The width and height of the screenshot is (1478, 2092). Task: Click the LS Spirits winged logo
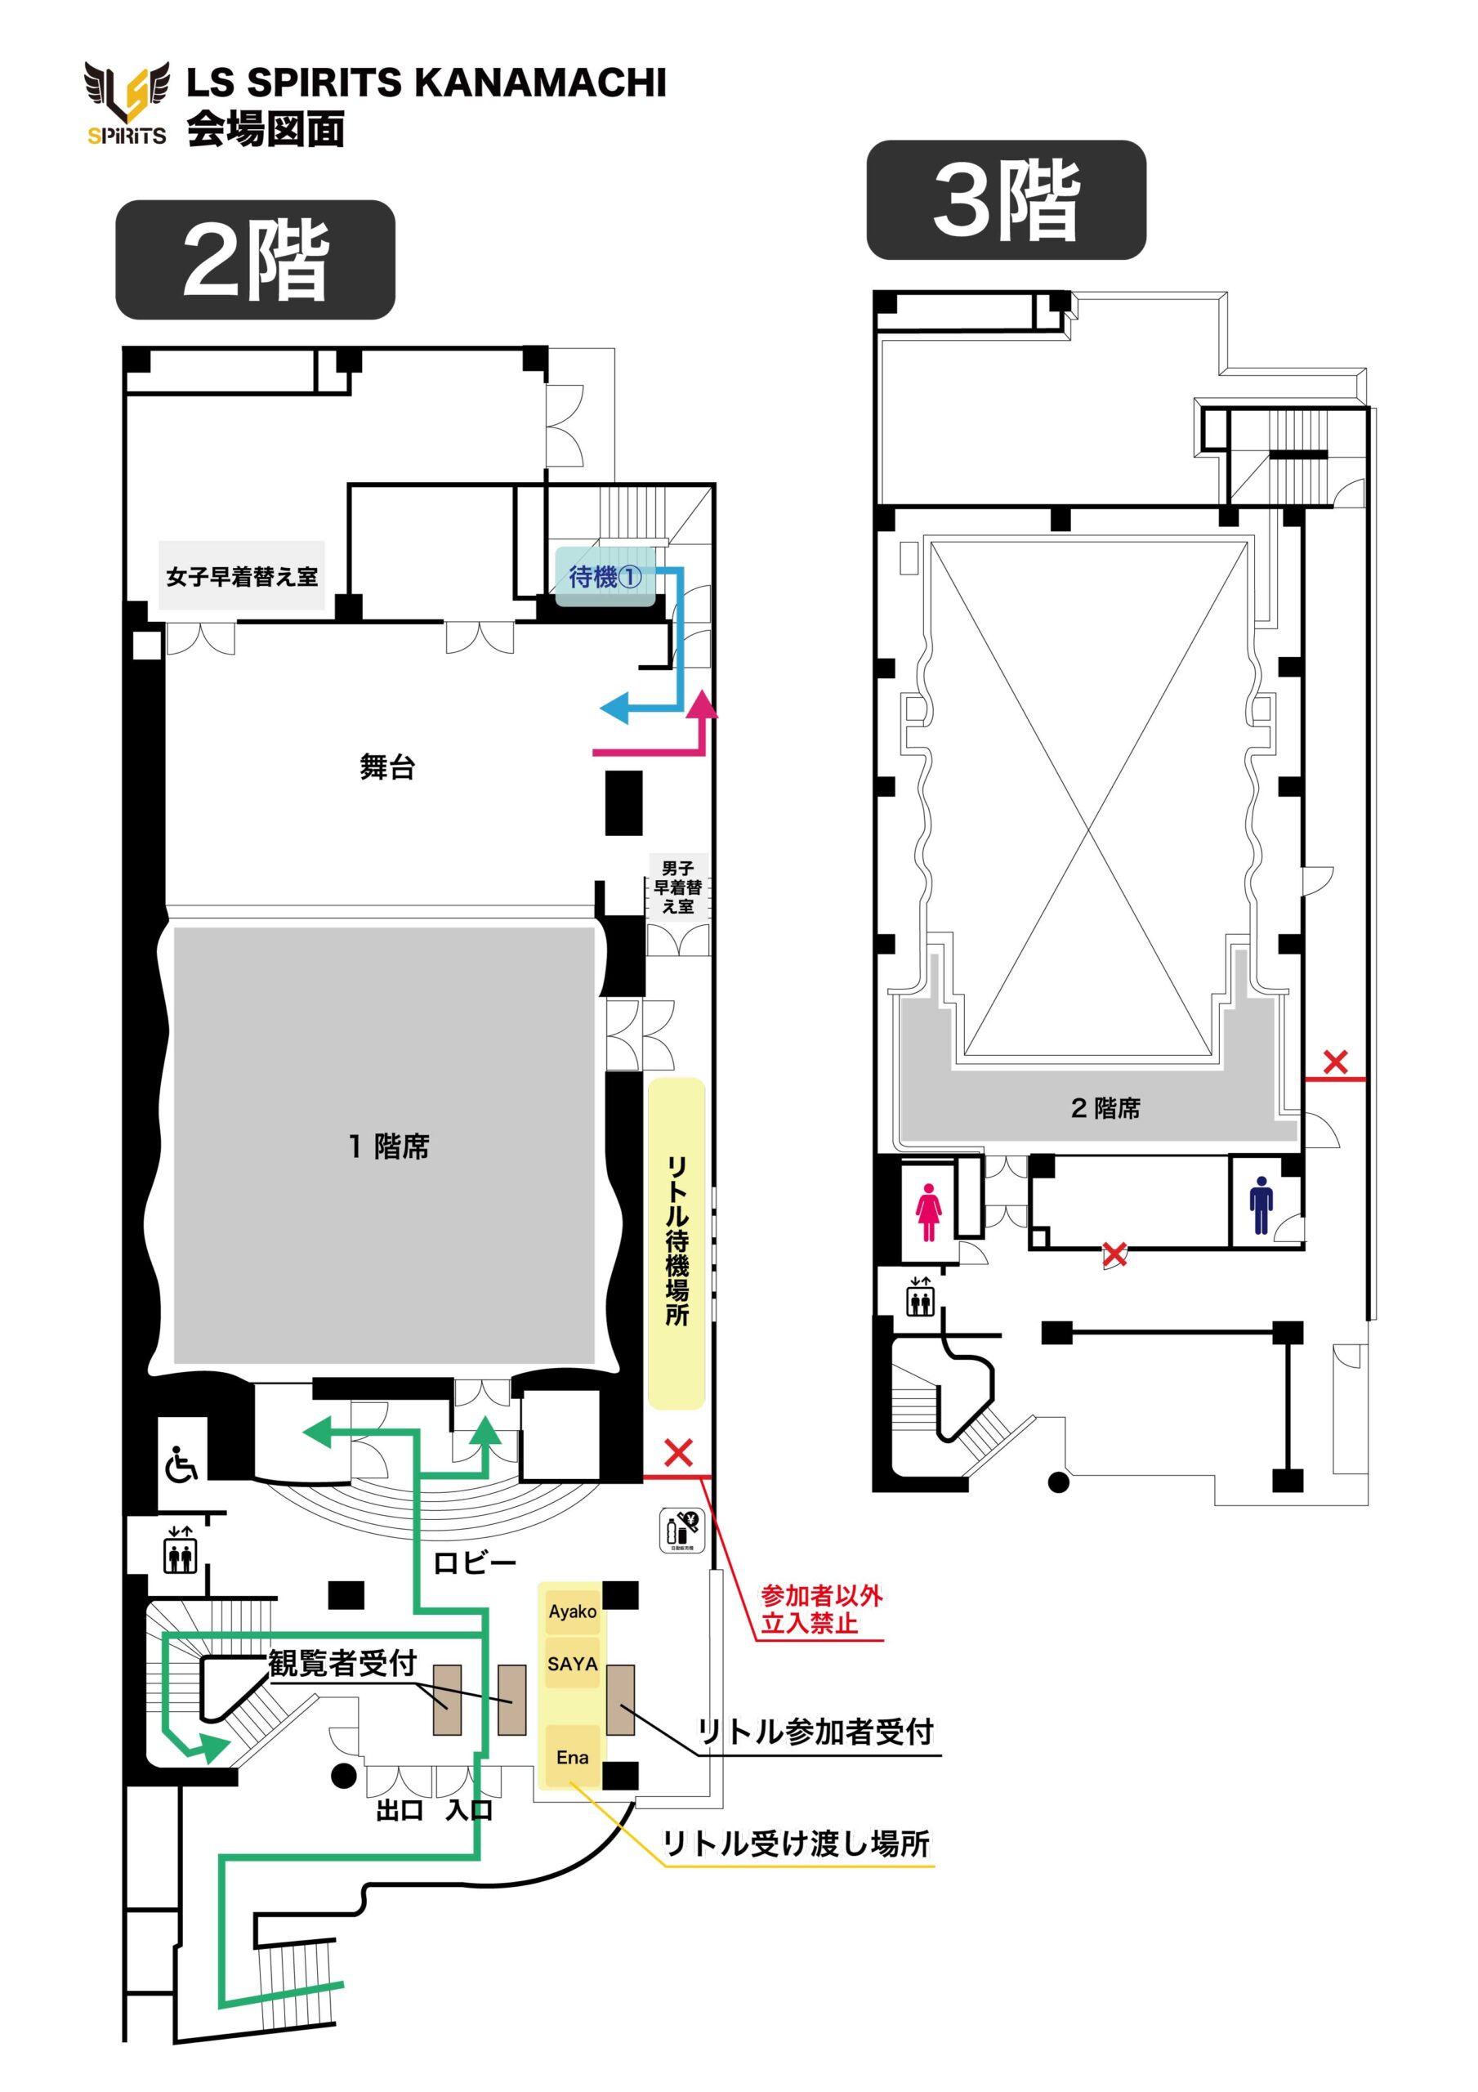pos(127,103)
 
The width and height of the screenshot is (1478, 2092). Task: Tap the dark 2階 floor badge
pos(255,260)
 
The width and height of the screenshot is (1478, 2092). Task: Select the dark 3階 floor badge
pos(1006,199)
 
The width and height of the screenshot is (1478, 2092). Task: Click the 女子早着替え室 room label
pos(242,576)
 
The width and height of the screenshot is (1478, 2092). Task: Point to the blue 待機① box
pos(605,576)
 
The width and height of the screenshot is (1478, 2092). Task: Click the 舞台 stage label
pos(387,767)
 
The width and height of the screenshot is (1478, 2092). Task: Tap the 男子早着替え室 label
pos(678,887)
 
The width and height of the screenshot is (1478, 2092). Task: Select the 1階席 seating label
pos(389,1147)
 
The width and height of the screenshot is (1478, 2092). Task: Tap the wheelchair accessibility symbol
pos(181,1466)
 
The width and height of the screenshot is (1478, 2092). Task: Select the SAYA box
pos(572,1664)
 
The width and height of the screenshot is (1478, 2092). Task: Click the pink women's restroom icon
pos(927,1212)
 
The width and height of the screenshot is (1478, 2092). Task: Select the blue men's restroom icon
pos(1261,1205)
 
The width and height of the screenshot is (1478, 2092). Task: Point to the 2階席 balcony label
pos(1105,1108)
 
